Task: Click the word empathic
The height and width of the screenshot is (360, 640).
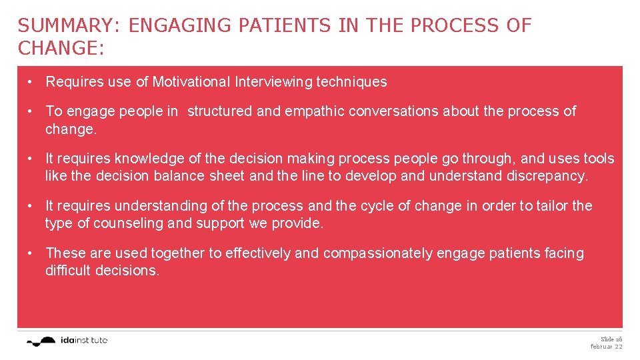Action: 313,111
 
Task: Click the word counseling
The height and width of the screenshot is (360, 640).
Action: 129,223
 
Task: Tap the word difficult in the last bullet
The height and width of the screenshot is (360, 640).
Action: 69,271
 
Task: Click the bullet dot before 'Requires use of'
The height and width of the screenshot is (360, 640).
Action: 31,82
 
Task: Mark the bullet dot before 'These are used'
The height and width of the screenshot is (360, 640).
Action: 31,253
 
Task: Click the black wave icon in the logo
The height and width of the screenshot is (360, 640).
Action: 42,341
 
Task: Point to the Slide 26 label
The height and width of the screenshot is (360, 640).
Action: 611,339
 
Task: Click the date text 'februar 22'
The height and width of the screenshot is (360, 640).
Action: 606,347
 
